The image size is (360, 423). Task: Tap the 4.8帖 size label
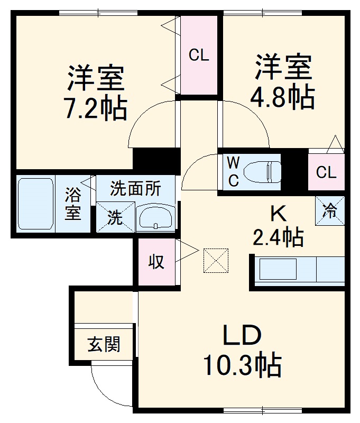click(282, 96)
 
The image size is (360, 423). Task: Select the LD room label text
click(241, 336)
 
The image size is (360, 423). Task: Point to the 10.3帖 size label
click(242, 365)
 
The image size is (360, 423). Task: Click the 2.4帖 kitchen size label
click(278, 237)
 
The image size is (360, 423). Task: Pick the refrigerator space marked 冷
click(330, 210)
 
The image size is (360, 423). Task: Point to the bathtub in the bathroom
click(35, 205)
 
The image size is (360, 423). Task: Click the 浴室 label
click(73, 205)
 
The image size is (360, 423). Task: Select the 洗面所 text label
click(135, 188)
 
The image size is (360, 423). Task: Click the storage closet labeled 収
click(156, 262)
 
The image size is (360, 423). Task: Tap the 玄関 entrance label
click(104, 345)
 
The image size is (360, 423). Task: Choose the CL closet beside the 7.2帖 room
click(199, 55)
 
